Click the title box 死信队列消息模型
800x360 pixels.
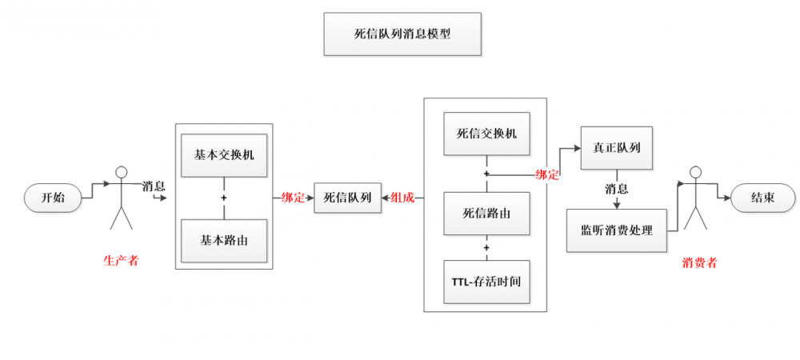point(402,34)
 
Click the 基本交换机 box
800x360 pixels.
point(224,154)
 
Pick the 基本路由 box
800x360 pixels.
point(224,240)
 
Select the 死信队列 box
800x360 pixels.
point(347,198)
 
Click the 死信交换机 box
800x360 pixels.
point(486,134)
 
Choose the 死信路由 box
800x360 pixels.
point(486,213)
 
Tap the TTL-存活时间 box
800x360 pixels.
point(486,282)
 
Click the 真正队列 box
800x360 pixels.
point(616,148)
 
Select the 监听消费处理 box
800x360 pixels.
point(616,230)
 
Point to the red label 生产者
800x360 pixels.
point(121,260)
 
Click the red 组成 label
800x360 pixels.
point(402,198)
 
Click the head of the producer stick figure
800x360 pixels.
point(122,171)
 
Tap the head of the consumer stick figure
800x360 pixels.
point(695,171)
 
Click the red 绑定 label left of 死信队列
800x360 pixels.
point(293,198)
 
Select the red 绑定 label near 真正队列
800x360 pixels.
point(547,174)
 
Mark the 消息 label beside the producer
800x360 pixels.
point(154,186)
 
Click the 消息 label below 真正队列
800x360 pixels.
point(616,190)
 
